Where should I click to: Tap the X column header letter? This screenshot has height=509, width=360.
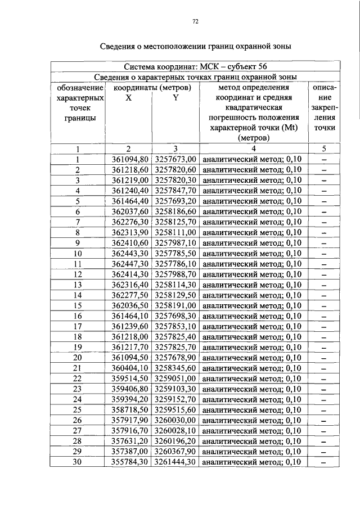(x=129, y=97)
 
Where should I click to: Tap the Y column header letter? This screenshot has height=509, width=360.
(x=175, y=97)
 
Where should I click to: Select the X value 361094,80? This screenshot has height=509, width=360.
(x=129, y=159)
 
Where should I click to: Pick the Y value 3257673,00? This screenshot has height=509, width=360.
(x=175, y=159)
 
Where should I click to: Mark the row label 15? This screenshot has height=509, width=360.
(x=78, y=305)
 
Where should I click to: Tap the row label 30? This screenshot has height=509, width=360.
(x=78, y=462)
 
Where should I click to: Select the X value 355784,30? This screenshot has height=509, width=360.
(x=129, y=462)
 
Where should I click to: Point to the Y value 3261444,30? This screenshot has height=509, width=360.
(x=175, y=462)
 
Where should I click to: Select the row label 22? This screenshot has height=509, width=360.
(x=78, y=379)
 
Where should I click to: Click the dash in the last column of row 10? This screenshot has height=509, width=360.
(x=324, y=253)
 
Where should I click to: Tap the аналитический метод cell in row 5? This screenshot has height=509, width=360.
(x=251, y=201)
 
